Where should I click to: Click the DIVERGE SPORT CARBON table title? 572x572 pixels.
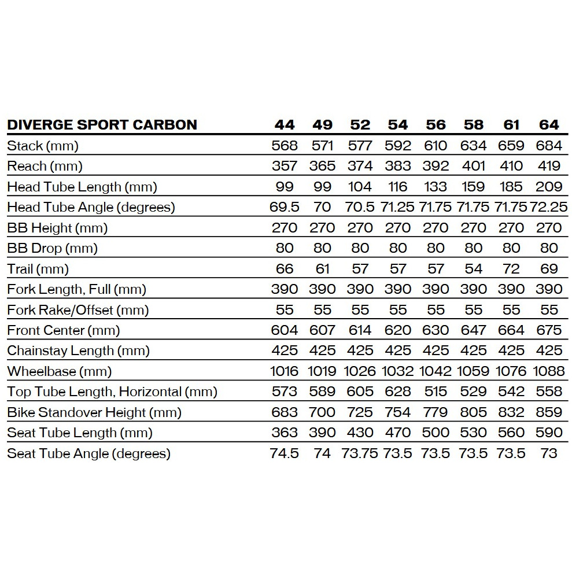102,125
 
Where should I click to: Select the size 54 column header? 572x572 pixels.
398,125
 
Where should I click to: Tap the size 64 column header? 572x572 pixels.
549,125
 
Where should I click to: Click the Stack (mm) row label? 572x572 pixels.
43,146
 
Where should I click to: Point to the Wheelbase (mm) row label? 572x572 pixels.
60,371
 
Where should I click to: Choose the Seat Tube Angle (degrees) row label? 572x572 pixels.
88,453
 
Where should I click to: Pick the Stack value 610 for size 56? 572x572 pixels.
436,146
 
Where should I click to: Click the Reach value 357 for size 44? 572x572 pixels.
285,167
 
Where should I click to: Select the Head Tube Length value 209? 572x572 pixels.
549,187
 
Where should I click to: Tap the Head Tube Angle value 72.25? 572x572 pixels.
549,207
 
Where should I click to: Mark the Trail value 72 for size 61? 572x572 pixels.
511,269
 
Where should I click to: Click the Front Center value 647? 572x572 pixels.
474,330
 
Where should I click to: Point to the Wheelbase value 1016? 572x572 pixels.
285,371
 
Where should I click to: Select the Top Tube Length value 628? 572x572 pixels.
398,392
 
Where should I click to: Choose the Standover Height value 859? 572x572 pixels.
549,412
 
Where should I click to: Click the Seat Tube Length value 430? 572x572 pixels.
360,433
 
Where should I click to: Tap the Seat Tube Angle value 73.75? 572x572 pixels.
360,453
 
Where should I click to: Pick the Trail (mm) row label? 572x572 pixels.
38,269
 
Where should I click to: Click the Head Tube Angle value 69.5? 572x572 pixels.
285,207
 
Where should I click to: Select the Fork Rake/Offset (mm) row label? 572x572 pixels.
78,310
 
